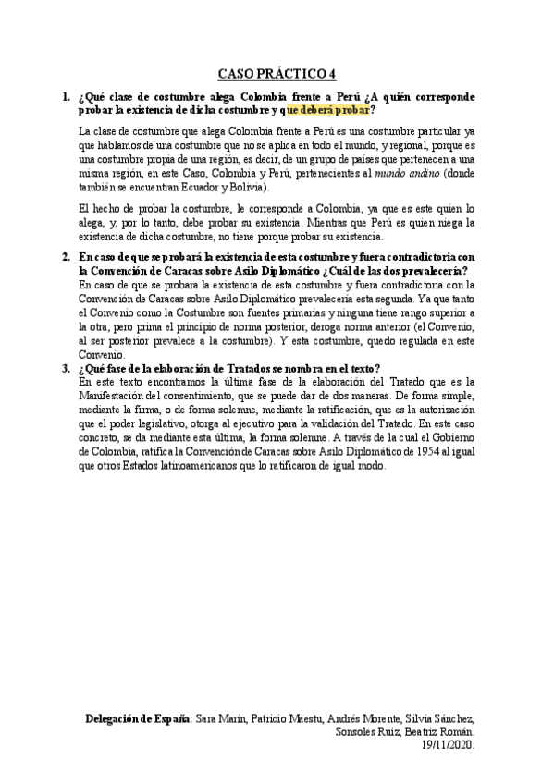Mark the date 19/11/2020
click(x=448, y=743)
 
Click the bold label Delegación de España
click(x=137, y=717)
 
